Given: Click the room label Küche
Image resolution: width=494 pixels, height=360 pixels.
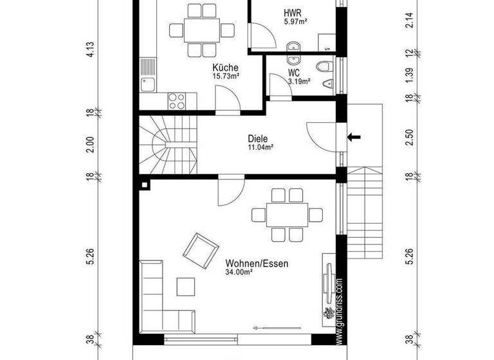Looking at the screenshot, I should click(x=226, y=67).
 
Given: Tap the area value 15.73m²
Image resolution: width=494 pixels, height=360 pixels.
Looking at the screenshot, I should click(x=226, y=76).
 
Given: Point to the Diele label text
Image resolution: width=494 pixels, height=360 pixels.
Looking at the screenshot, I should click(x=258, y=138).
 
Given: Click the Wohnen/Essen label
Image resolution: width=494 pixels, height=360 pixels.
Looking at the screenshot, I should click(x=257, y=264).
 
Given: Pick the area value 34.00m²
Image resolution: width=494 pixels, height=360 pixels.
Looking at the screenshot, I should click(x=239, y=273).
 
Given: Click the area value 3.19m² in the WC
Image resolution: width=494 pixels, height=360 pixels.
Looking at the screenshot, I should click(x=299, y=82).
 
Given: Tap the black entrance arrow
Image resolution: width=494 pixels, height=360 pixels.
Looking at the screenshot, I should click(x=354, y=136).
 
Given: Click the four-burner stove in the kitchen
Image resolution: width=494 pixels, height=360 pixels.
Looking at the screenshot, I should click(x=176, y=100).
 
